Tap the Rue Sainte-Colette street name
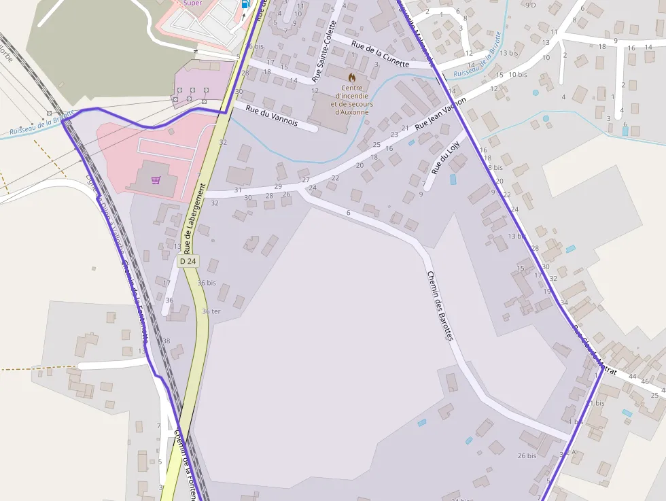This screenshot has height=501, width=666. pyautogui.click(x=326, y=59)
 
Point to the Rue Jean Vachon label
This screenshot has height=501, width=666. pyautogui.click(x=440, y=112)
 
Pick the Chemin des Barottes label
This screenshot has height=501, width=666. pyautogui.click(x=440, y=305)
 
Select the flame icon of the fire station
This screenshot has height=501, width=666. pyautogui.click(x=351, y=77)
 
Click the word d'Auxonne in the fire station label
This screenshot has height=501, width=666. pyautogui.click(x=351, y=112)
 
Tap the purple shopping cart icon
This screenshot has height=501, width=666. pyautogui.click(x=156, y=180)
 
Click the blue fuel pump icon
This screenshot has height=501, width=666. pyautogui.click(x=245, y=3)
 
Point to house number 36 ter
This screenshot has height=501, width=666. pyautogui.click(x=211, y=311)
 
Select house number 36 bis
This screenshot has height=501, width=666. pyautogui.click(x=207, y=283)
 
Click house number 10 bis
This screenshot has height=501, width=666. pyautogui.click(x=518, y=75)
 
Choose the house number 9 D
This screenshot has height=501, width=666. pyautogui.click(x=530, y=5)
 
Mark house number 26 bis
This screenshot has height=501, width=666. pyautogui.click(x=527, y=455)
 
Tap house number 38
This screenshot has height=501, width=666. pyautogui.click(x=166, y=341)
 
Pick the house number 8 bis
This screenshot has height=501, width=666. pyautogui.click(x=495, y=167)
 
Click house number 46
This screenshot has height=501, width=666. pyautogui.click(x=645, y=381)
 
